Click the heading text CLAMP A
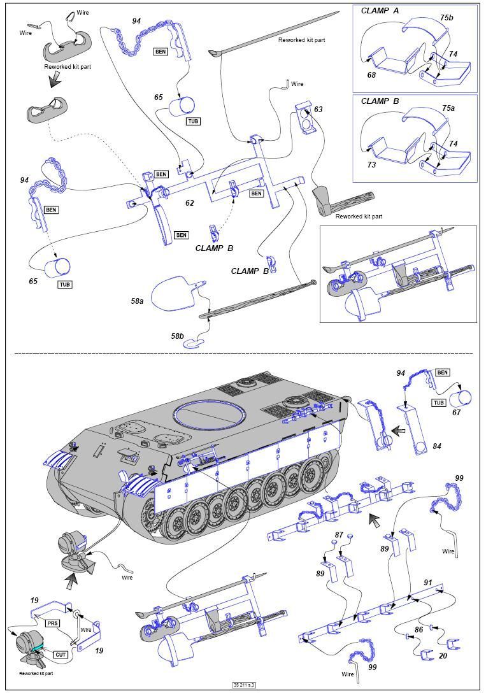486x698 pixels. [x=380, y=11]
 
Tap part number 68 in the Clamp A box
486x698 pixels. [x=371, y=75]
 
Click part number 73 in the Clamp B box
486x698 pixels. [x=371, y=165]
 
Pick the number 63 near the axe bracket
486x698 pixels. [x=318, y=110]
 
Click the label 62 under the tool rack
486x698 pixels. [x=189, y=204]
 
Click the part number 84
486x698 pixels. [x=436, y=446]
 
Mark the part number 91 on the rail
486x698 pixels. [x=428, y=582]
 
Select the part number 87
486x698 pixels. [x=339, y=536]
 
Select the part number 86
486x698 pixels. [x=418, y=629]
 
